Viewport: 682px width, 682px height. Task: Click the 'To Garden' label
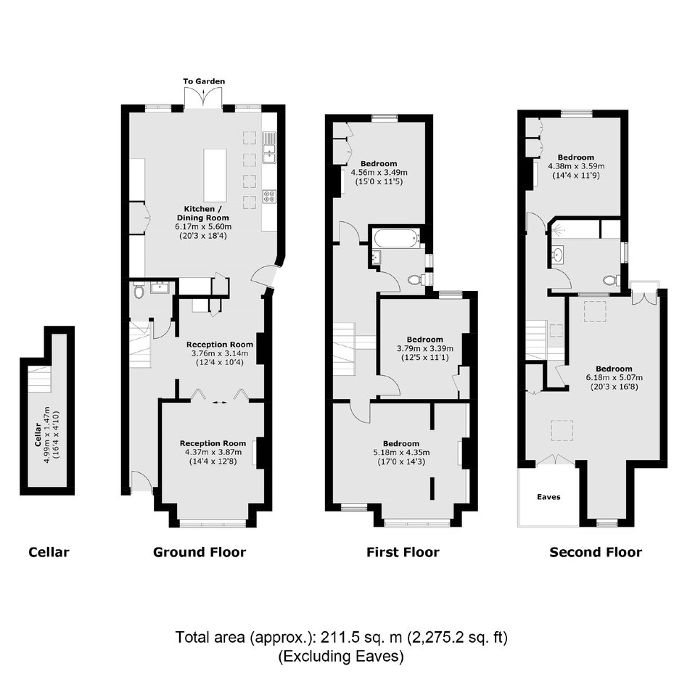tap(204, 81)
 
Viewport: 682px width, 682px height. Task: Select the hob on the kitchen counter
tap(268, 196)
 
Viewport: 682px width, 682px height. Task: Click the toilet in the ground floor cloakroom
tap(139, 290)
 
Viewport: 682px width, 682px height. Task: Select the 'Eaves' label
tap(549, 497)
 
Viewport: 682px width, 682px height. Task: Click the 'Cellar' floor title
tap(49, 552)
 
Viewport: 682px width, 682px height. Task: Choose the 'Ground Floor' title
tap(200, 552)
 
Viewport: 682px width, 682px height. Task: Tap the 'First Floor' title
tap(403, 552)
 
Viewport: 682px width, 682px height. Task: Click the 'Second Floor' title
tap(596, 552)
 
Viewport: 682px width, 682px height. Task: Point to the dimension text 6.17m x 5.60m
tap(203, 226)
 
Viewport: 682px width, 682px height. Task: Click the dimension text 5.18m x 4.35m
tap(401, 452)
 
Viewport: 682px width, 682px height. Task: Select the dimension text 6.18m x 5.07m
tap(614, 377)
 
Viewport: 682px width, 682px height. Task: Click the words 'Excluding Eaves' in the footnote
tap(341, 656)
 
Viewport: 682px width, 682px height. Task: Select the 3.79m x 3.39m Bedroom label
tap(425, 340)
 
